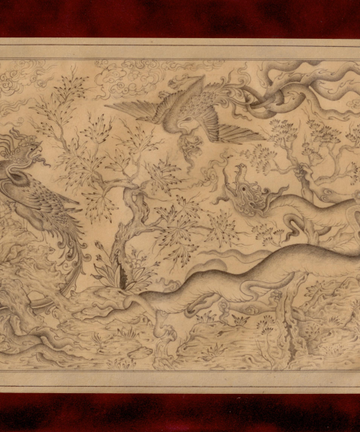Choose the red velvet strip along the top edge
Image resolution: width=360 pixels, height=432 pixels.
click(180, 18)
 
